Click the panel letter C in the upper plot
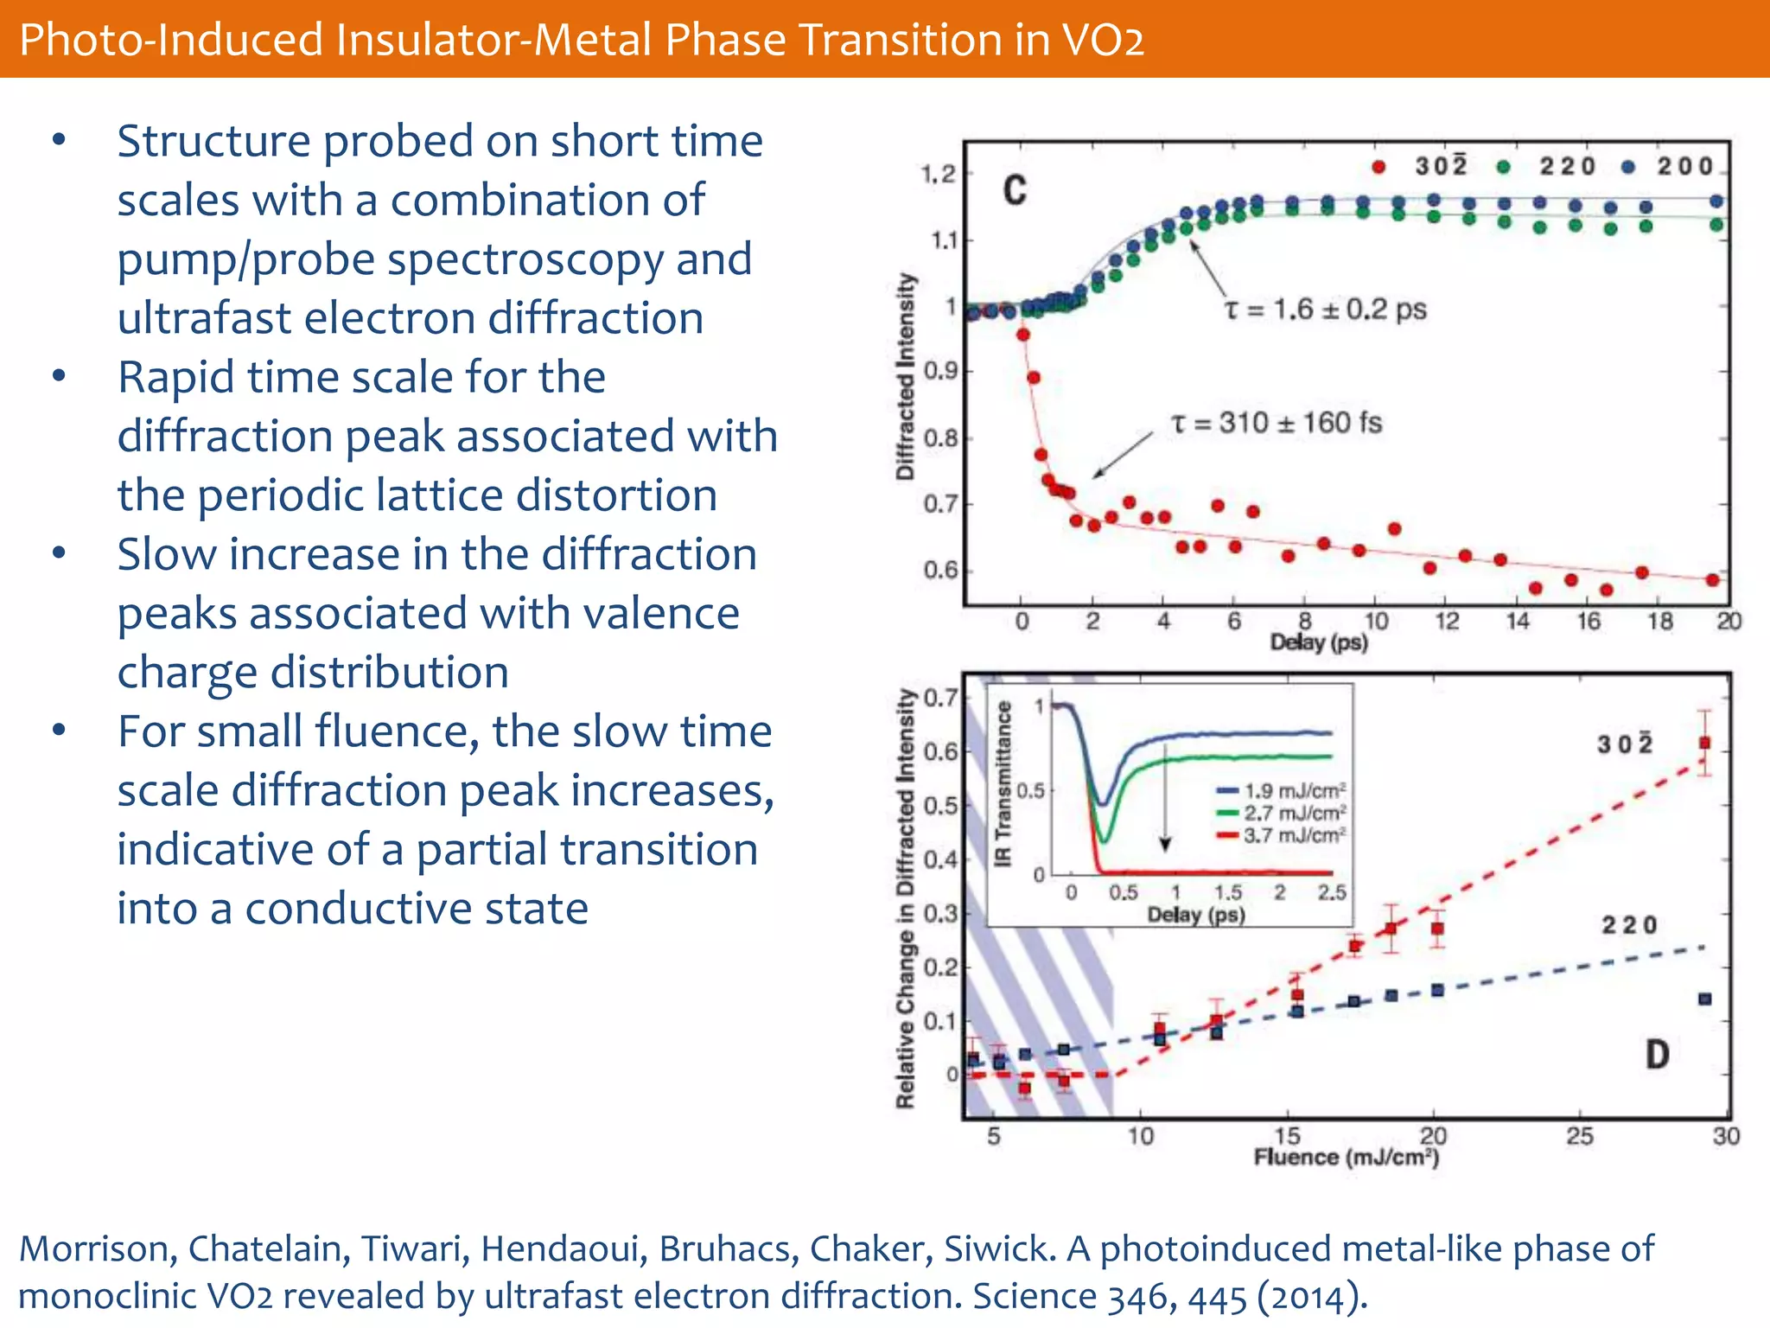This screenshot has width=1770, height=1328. point(1015,190)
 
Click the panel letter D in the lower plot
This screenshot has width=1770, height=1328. point(1657,1055)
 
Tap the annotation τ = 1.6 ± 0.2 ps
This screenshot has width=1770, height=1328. point(1326,310)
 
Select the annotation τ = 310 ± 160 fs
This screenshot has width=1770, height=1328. point(1276,423)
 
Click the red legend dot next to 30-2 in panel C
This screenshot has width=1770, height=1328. point(1379,167)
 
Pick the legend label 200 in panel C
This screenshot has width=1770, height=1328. point(1684,166)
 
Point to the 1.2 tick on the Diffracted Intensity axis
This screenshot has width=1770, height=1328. point(939,175)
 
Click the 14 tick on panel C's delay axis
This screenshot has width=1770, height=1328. point(1519,622)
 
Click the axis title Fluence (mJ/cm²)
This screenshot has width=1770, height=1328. point(1347,1158)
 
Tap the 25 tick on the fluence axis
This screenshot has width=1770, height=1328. point(1580,1136)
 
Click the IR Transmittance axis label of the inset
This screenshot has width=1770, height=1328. point(1003,784)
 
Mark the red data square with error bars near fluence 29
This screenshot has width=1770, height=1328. point(1704,743)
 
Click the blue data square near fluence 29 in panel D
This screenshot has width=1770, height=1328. point(1704,999)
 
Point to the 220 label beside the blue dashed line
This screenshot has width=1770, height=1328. point(1630,925)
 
